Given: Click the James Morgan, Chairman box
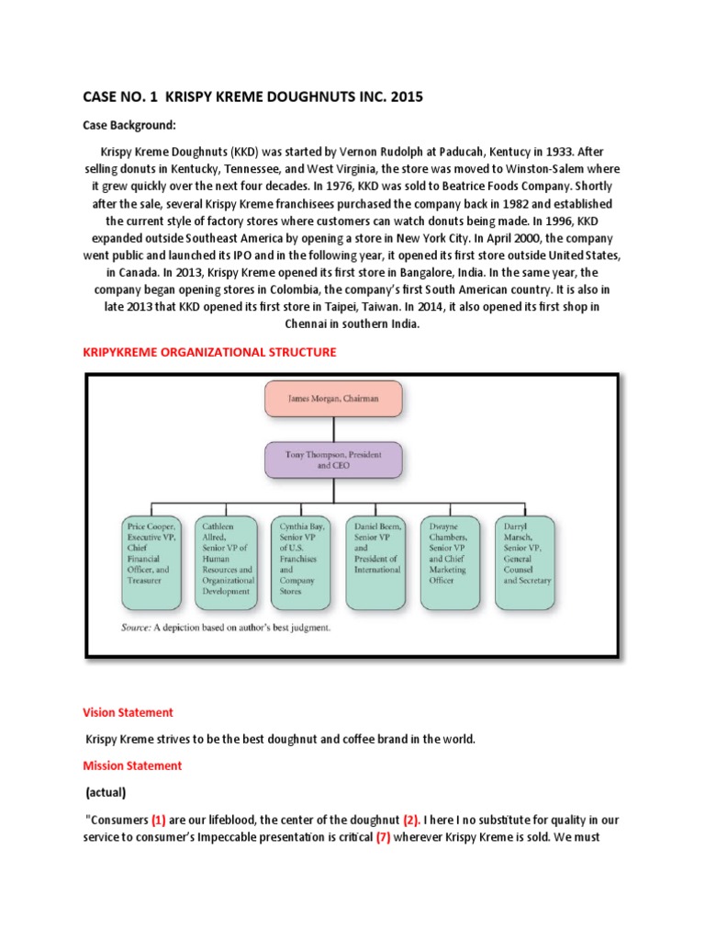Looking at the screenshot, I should [x=333, y=399].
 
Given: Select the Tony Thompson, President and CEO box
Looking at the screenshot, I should [x=333, y=459].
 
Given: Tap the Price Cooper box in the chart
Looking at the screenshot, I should [x=151, y=561].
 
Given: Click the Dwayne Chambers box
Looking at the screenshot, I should [x=450, y=561].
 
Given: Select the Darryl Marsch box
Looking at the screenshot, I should [x=524, y=561].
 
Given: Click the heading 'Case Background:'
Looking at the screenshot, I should [x=129, y=124].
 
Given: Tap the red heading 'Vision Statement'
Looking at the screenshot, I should [x=128, y=712].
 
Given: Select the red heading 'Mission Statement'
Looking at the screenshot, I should [x=132, y=765].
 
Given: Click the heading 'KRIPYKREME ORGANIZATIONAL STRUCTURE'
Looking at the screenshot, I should [x=209, y=352].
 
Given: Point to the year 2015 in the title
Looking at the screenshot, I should [x=405, y=96].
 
